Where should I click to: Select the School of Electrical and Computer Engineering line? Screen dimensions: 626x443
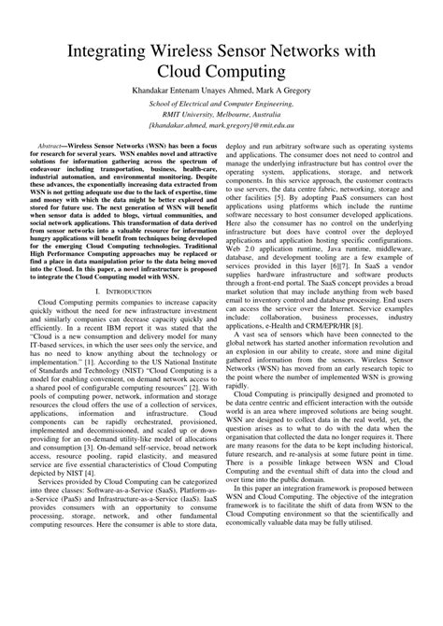coord(221,107)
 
